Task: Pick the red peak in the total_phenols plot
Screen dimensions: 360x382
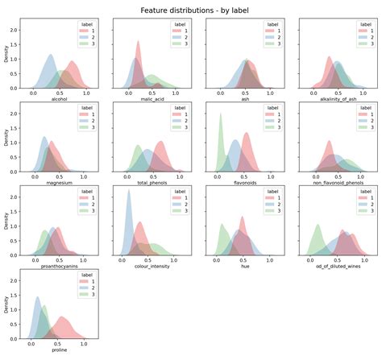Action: click(162, 143)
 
